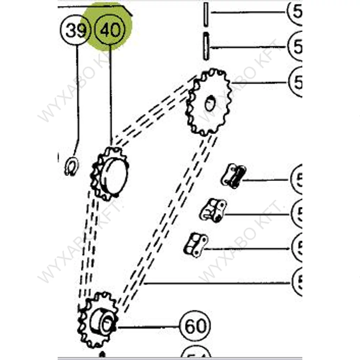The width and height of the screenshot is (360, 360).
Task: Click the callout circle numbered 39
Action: (76, 30)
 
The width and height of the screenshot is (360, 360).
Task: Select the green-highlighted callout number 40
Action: (110, 30)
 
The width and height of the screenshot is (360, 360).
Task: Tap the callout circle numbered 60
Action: (195, 326)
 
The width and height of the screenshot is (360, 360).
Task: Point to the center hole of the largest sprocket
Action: (210, 104)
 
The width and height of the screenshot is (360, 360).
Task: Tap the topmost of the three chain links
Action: (233, 175)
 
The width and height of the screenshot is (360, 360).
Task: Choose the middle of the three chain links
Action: (213, 210)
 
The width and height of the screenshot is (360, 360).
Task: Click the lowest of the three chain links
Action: (195, 244)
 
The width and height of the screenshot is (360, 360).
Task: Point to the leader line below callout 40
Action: (111, 95)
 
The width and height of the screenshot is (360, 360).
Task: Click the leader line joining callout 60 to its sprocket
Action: (148, 327)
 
